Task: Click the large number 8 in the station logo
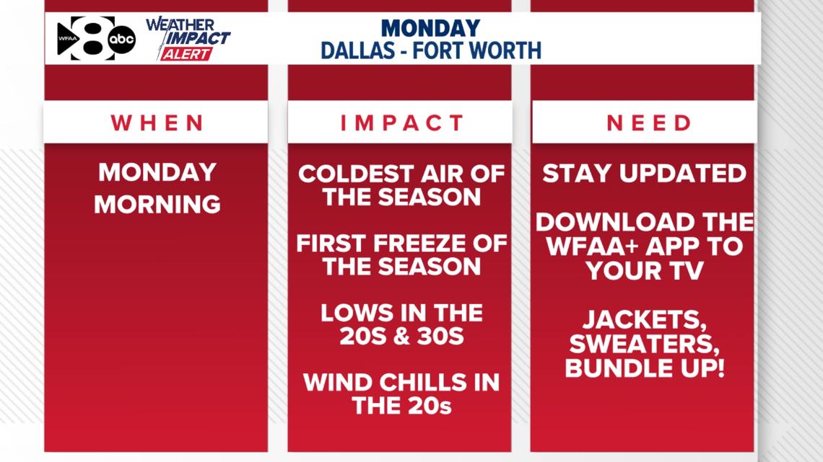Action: pos(92,37)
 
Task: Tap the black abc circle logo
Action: pos(122,40)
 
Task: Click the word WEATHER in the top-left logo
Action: pos(180,25)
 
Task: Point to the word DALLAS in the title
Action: pos(357,50)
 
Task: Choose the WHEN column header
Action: pos(157,123)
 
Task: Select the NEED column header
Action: pos(649,123)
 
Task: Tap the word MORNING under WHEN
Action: pos(157,204)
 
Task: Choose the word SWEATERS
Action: pos(645,344)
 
